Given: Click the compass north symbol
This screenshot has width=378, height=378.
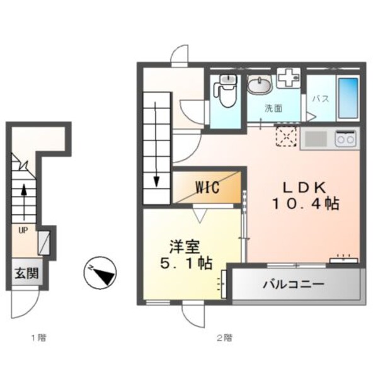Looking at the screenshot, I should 100,272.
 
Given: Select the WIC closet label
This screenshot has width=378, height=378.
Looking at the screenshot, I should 207,188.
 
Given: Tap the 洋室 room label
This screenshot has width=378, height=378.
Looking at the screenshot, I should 183,246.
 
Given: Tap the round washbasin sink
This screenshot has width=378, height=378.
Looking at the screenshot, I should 258,84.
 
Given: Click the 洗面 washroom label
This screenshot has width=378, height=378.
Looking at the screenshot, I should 273,108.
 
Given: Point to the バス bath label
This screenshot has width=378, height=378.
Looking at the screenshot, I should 321,98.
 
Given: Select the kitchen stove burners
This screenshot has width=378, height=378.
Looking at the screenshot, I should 345,137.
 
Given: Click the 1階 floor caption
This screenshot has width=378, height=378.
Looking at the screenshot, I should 38,338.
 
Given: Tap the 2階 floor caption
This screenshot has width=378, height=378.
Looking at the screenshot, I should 225,338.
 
